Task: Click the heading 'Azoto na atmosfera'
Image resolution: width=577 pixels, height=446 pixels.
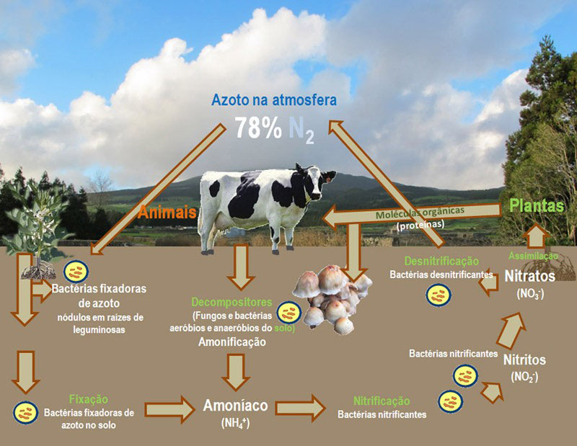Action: [273, 100]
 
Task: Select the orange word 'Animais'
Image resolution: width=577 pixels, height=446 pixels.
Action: [167, 213]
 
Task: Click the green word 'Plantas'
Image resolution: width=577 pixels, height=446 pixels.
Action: [536, 205]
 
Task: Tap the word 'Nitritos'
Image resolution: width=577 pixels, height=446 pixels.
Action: [524, 360]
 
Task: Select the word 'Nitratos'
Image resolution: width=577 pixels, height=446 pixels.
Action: [529, 276]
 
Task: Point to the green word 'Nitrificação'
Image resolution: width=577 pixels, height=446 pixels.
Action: [382, 400]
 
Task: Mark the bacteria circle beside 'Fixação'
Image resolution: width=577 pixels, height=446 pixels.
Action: [26, 411]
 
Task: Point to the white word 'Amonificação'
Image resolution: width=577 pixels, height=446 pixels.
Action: [232, 342]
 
